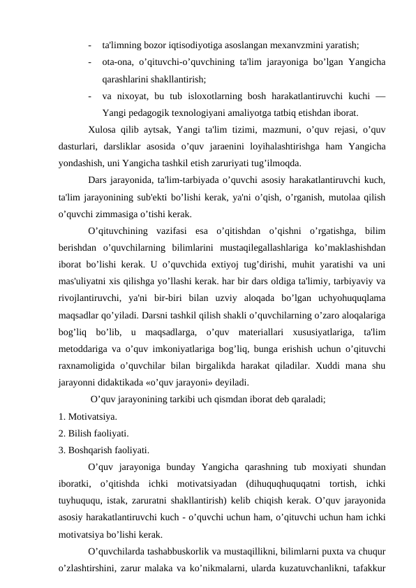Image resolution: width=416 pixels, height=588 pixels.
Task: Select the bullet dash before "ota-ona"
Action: tap(91, 62)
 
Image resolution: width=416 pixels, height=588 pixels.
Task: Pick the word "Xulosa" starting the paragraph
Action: tap(104, 131)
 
